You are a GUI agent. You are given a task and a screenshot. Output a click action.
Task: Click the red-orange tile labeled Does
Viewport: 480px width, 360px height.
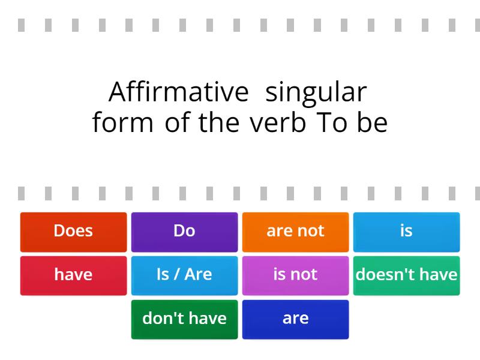click(x=73, y=231)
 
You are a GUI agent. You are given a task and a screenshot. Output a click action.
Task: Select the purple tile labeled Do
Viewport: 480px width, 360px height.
click(x=184, y=231)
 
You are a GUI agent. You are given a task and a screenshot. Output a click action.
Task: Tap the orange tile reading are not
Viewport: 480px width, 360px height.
click(x=295, y=231)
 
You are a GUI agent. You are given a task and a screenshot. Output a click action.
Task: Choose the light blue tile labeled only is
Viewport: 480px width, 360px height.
click(x=406, y=231)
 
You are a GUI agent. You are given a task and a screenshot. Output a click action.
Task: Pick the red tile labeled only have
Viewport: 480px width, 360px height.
click(x=73, y=275)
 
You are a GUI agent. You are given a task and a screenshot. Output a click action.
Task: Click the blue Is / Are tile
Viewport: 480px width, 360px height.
click(x=184, y=275)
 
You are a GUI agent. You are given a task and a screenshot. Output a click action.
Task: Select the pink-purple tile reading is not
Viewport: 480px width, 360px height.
click(x=295, y=275)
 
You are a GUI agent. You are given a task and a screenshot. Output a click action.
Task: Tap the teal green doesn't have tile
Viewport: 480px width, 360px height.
click(x=406, y=275)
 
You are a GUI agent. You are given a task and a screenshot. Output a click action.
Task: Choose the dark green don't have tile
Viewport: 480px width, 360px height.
click(x=184, y=319)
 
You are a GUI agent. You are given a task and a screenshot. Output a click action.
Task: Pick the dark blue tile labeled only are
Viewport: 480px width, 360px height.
click(x=295, y=319)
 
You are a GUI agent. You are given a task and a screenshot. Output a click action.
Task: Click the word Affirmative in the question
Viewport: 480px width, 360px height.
click(x=178, y=92)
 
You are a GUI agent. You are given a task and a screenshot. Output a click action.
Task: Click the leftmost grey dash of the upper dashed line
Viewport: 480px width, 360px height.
click(x=21, y=25)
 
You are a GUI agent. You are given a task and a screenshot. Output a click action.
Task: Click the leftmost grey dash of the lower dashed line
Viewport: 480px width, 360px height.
click(x=21, y=193)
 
